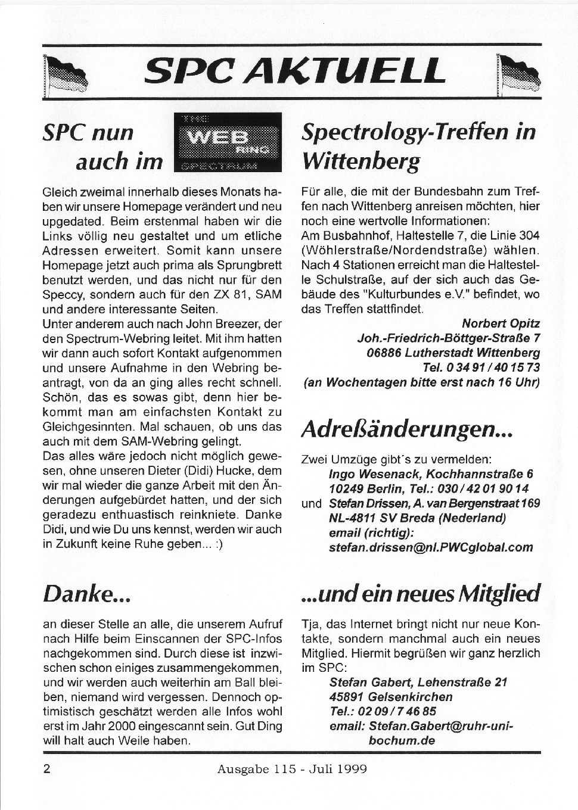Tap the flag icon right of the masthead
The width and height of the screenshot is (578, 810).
[x=520, y=74]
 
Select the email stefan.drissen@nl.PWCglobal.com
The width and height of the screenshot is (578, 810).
[x=431, y=547]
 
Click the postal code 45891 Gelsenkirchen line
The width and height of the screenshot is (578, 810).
[x=390, y=696]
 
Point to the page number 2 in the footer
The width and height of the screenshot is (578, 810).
[x=46, y=768]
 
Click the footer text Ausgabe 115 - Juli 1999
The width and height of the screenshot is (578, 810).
[x=292, y=768]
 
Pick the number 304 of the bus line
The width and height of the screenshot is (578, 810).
[x=527, y=236]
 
